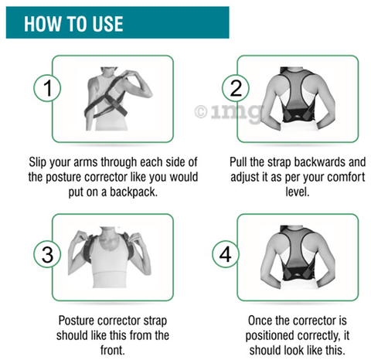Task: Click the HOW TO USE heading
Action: point(73,23)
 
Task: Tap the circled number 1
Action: point(47,89)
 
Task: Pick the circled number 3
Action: point(47,253)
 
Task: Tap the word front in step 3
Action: point(113,351)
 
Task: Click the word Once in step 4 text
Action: point(261,320)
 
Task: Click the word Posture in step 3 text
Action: point(78,320)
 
